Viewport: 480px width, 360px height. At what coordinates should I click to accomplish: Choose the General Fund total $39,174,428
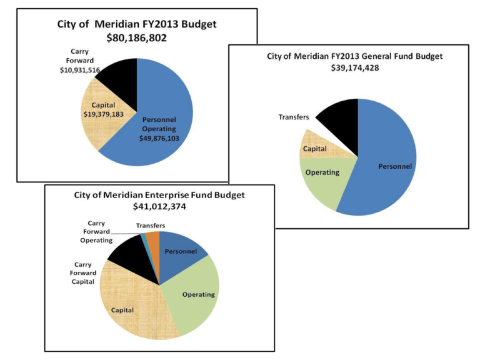[x=354, y=67]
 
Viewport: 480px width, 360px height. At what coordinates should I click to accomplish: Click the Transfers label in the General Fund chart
[x=294, y=117]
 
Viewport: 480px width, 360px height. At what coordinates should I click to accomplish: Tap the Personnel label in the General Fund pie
[x=394, y=166]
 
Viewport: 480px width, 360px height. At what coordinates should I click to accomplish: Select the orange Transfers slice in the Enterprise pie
[x=153, y=237]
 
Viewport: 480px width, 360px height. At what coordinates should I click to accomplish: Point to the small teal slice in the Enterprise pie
[x=144, y=237]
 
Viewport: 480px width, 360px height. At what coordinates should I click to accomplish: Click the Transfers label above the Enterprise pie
[x=151, y=226]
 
